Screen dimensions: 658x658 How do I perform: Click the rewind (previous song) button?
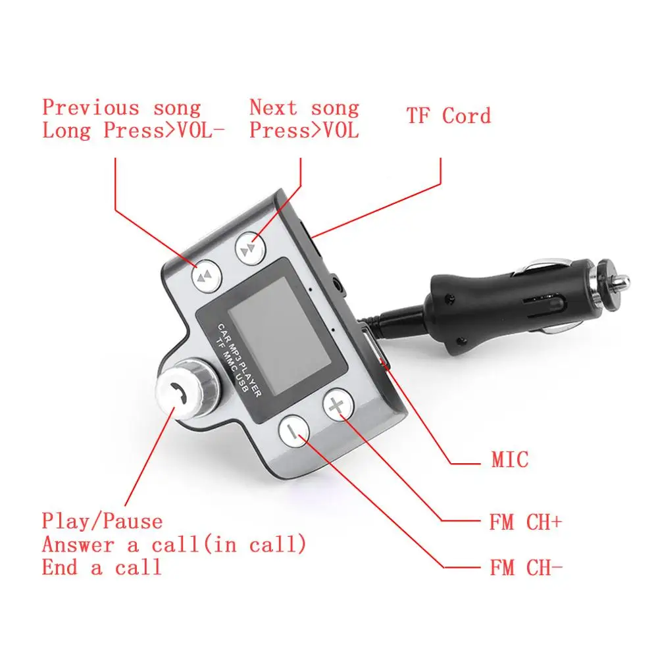coord(207,275)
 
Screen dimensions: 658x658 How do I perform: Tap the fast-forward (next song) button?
coord(251,249)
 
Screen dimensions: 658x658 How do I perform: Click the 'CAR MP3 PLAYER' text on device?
coord(240,360)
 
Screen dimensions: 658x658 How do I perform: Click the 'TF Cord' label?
coord(448,116)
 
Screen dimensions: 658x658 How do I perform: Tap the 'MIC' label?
coord(510,459)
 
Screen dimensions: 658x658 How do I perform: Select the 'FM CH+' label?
coord(525,522)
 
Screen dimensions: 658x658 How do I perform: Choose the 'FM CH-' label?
coord(525,568)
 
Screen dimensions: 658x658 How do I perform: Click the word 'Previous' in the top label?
coord(91,107)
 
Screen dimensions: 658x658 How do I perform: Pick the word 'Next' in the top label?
coord(273,107)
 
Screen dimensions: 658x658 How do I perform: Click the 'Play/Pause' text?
coord(102,522)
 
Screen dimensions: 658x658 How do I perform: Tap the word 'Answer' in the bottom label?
coord(78,545)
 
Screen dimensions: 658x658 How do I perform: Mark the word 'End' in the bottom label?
coord(60,567)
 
